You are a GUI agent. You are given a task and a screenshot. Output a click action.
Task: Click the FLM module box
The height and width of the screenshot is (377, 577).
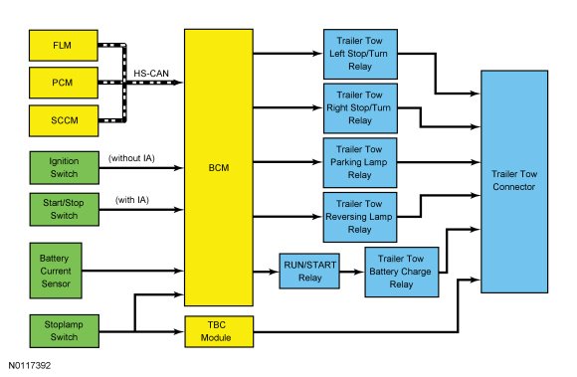[64, 46]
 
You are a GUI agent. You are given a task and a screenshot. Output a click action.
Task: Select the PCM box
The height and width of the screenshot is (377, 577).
[64, 83]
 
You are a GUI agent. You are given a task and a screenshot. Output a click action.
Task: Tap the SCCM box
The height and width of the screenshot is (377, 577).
[64, 120]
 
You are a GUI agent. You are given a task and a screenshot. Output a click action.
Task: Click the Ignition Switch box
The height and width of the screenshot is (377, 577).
[64, 168]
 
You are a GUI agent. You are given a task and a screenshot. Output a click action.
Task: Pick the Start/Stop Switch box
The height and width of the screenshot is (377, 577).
[64, 209]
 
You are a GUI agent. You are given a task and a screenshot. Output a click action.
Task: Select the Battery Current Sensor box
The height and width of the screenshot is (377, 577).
[56, 271]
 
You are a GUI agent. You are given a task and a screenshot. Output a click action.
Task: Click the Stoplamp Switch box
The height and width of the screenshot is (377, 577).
[64, 331]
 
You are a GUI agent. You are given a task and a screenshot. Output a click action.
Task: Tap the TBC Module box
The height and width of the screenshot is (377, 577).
[219, 331]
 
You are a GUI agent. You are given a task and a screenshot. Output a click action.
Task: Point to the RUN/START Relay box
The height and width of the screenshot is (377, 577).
[309, 272]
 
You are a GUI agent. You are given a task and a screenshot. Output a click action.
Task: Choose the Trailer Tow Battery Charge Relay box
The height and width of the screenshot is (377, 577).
[402, 272]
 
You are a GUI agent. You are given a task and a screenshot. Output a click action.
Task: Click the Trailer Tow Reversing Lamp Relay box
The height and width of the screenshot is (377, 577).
[360, 217]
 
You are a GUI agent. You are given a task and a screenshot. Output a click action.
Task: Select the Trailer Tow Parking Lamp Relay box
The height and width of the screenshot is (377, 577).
[360, 162]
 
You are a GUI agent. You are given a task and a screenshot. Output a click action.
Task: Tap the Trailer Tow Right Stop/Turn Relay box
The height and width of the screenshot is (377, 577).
[360, 108]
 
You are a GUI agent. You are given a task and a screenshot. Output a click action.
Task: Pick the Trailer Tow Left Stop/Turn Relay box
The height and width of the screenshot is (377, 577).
[360, 54]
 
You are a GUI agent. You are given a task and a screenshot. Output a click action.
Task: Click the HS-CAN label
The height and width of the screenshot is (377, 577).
[151, 74]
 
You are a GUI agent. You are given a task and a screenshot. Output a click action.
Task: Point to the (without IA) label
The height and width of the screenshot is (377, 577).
[131, 158]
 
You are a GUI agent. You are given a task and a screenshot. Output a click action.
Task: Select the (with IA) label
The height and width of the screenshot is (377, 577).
[132, 200]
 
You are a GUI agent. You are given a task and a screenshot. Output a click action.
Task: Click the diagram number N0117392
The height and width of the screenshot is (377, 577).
[30, 365]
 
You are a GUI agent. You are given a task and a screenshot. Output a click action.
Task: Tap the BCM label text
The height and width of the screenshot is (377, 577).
[219, 168]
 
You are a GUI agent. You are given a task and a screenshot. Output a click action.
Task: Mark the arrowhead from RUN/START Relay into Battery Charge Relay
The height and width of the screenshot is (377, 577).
[359, 272]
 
